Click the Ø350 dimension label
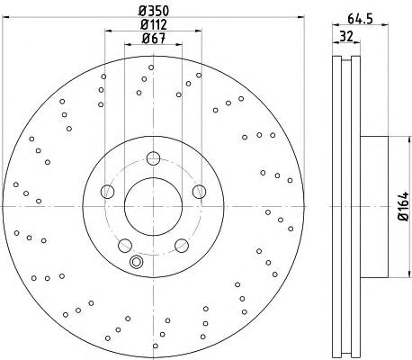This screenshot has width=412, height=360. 154,11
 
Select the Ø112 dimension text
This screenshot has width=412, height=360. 154,24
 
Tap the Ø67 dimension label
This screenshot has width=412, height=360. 154,38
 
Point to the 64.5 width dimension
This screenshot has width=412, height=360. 360,19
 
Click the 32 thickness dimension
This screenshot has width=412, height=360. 346,37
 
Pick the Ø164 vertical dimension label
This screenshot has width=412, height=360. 404,206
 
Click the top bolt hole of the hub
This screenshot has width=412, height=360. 153,158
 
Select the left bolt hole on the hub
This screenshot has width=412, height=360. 108,192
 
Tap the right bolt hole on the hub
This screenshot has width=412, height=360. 199,192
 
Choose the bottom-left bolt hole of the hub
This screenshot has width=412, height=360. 125,246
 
